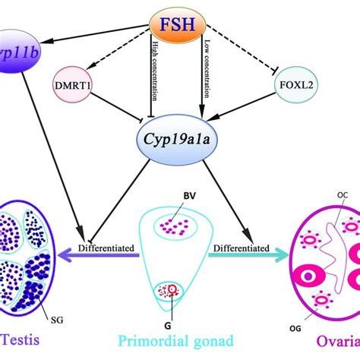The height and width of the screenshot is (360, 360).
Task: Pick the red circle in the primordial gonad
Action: pyautogui.click(x=182, y=311)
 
